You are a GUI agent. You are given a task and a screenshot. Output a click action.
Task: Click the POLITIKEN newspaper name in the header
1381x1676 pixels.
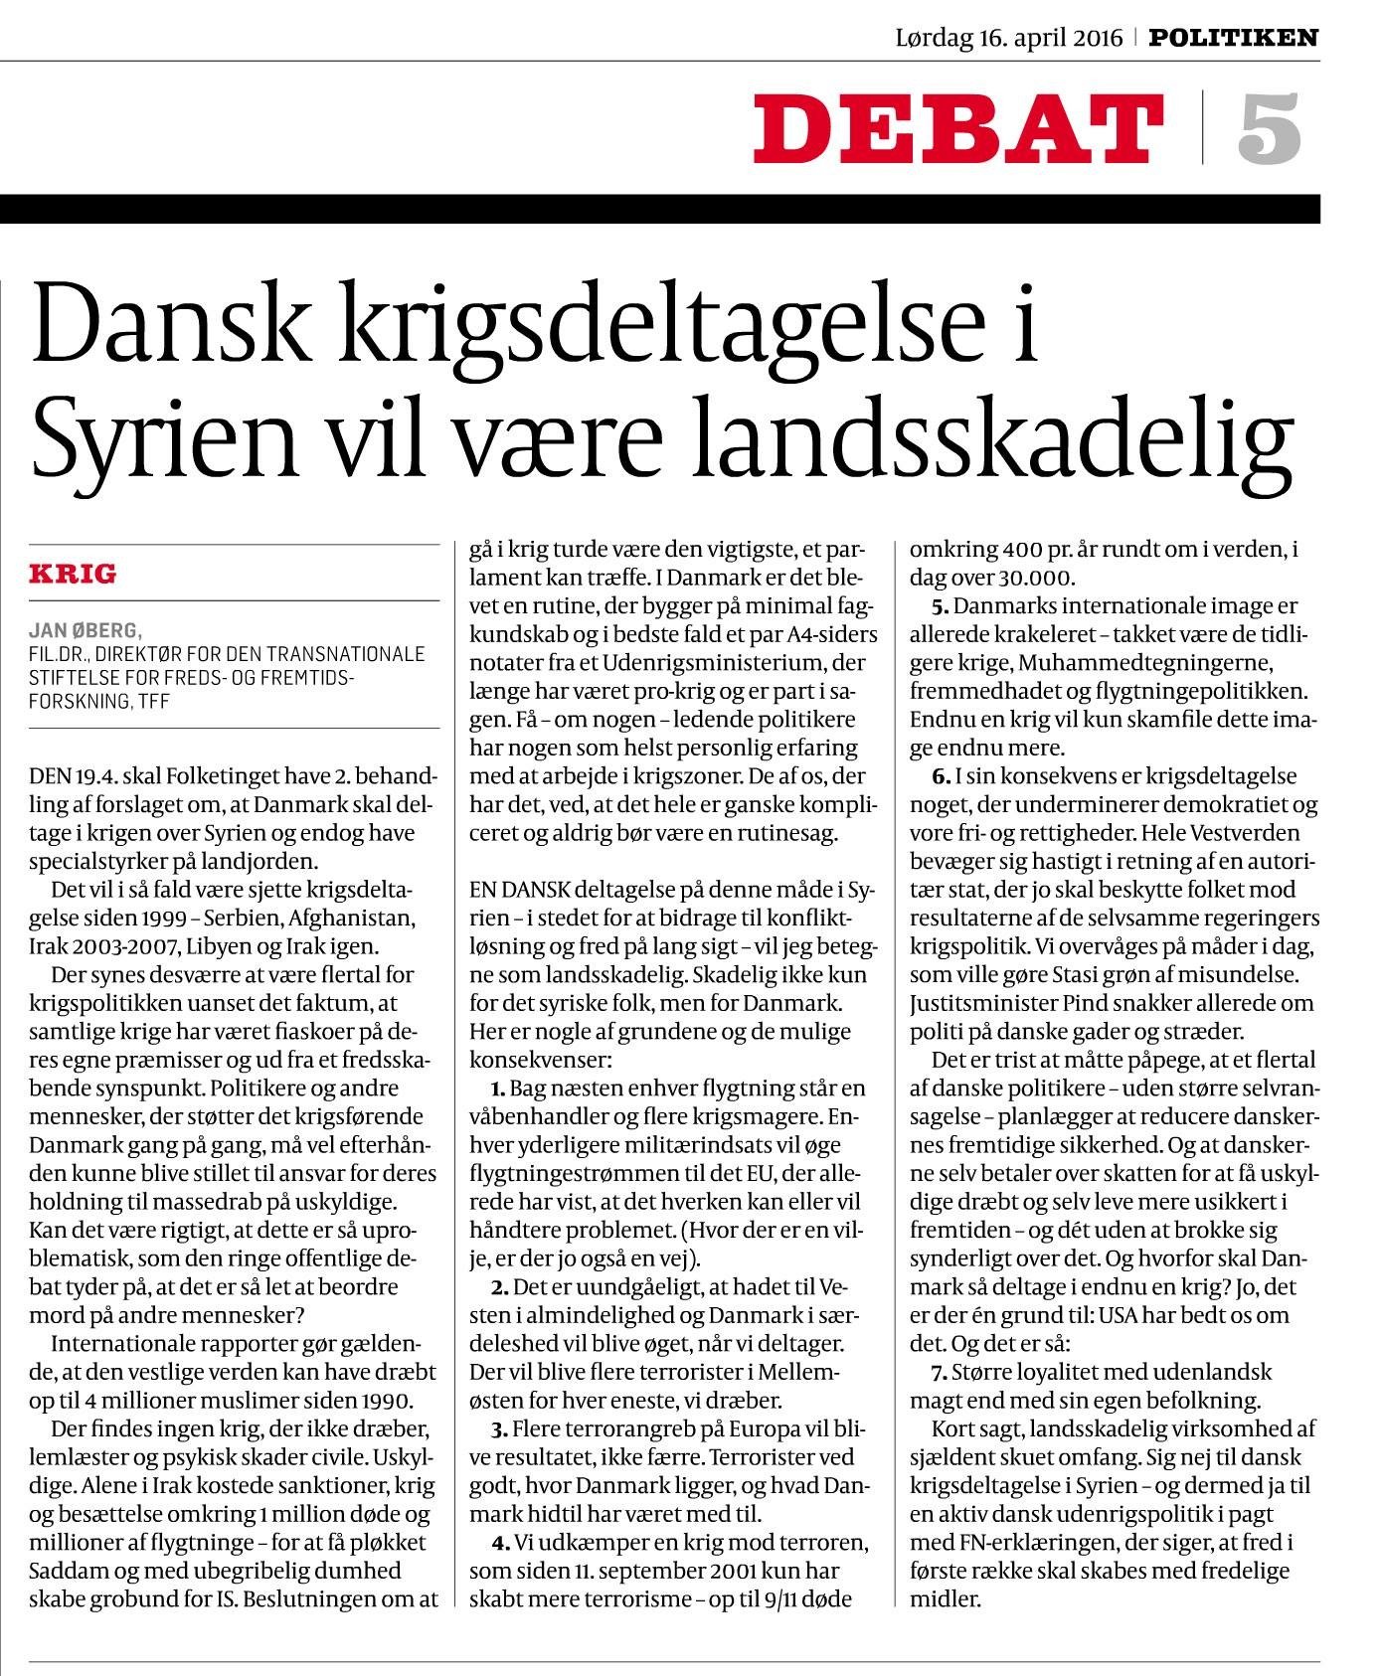point(1234,38)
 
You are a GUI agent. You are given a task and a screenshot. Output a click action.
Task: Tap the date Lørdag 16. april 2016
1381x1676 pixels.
point(1009,38)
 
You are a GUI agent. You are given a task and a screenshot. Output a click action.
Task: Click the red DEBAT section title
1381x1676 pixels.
point(958,129)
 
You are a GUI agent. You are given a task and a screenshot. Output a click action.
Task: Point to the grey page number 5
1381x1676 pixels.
point(1270,129)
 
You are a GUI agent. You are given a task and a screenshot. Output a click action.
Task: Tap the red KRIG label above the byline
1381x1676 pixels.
point(73,574)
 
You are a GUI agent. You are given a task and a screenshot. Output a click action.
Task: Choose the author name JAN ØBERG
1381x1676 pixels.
point(86,629)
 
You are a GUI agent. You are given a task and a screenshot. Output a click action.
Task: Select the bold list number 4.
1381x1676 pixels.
point(500,1543)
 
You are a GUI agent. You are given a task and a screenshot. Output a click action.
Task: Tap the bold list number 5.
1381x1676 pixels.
point(941,605)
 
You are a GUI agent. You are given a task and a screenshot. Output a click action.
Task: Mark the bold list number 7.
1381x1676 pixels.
point(940,1373)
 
